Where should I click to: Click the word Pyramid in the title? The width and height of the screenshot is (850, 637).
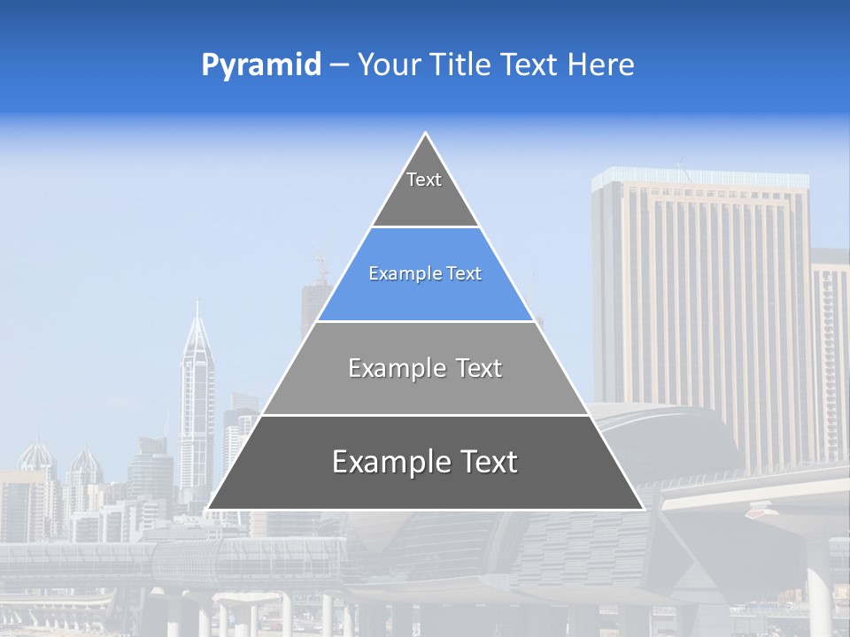point(261,65)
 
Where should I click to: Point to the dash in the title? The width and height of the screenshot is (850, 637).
point(339,65)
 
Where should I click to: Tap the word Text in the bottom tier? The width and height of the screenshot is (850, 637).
point(483,462)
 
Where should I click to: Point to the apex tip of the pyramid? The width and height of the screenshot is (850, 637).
point(426,134)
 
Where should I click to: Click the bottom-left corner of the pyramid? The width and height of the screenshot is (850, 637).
point(208,509)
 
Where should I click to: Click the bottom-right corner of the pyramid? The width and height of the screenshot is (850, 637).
point(643,509)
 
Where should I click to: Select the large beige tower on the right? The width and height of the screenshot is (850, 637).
point(699,301)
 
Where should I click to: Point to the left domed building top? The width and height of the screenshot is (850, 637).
point(37,456)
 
